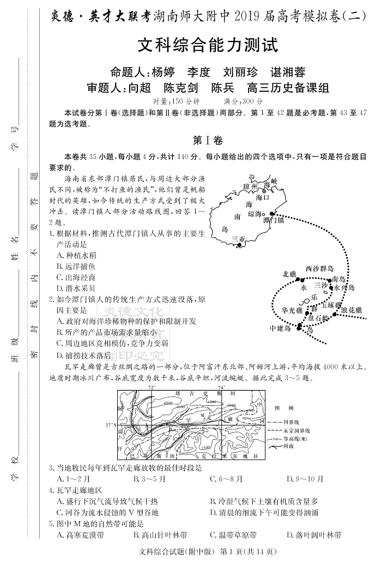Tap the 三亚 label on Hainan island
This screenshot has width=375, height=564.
[239, 239]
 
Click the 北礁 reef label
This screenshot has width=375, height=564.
[289, 274]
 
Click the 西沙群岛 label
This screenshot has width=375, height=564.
[319, 268]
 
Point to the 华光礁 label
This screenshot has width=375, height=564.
[291, 310]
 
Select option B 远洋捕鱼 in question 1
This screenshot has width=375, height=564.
[76, 266]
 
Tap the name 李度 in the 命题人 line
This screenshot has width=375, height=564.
[198, 72]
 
